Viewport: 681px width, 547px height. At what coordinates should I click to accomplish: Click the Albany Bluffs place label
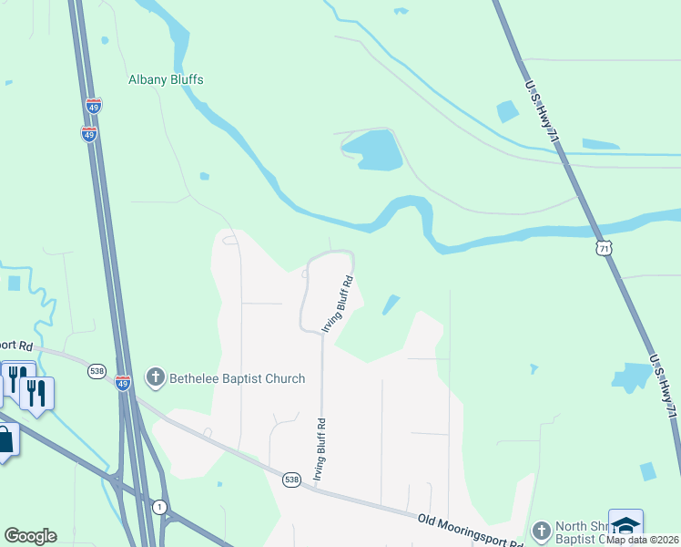pyautogui.click(x=165, y=79)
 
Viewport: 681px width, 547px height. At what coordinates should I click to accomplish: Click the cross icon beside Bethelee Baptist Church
pyautogui.click(x=155, y=377)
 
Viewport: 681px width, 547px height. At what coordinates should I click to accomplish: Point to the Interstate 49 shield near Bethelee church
pyautogui.click(x=124, y=383)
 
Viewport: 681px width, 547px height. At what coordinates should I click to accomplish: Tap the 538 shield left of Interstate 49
pyautogui.click(x=97, y=371)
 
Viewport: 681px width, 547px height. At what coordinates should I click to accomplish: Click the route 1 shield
pyautogui.click(x=160, y=507)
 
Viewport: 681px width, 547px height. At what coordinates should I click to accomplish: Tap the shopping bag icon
pyautogui.click(x=5, y=440)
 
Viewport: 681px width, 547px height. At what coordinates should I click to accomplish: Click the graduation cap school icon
pyautogui.click(x=625, y=525)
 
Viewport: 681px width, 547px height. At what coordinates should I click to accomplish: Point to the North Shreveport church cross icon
pyautogui.click(x=541, y=531)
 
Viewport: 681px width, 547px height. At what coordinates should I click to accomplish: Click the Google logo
pyautogui.click(x=30, y=536)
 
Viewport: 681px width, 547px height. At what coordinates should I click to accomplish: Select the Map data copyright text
pyautogui.click(x=642, y=540)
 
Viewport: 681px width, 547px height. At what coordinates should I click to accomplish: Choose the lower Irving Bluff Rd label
pyautogui.click(x=320, y=449)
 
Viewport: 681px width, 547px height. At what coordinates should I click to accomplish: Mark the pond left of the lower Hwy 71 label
pyautogui.click(x=632, y=377)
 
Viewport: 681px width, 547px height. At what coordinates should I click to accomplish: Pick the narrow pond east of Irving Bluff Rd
pyautogui.click(x=391, y=304)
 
